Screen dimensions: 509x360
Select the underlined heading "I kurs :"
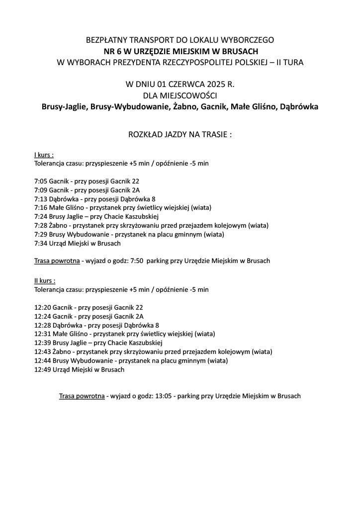(x=44, y=155)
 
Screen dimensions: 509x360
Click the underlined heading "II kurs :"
(x=45, y=280)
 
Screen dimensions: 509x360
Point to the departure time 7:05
(x=40, y=181)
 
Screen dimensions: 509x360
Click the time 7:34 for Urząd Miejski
(x=40, y=244)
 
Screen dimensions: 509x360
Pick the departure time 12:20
(x=42, y=307)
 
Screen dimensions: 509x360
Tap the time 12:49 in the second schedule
(x=42, y=369)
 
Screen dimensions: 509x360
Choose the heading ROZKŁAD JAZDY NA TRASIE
(x=180, y=134)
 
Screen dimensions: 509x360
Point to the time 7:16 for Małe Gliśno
(x=40, y=208)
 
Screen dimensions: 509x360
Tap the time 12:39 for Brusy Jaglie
(x=42, y=342)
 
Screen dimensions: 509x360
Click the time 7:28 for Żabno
(x=40, y=226)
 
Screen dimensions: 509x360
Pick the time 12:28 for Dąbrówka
(x=42, y=325)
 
